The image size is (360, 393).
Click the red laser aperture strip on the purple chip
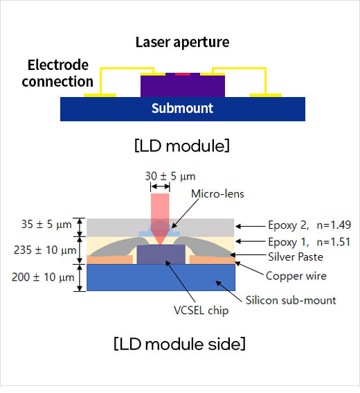tap(183, 74)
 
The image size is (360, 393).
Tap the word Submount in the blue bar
tap(182, 109)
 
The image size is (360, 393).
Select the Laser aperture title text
tap(182, 42)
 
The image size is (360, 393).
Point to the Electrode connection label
tap(57, 73)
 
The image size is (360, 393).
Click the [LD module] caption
tap(182, 146)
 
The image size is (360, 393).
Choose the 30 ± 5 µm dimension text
tap(170, 176)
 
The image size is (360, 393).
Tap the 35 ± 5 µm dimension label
tap(46, 225)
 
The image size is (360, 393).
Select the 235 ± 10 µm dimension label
tap(45, 250)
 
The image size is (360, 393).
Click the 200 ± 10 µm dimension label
tap(43, 277)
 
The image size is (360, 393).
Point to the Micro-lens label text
tap(217, 194)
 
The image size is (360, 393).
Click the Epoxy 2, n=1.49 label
tap(309, 225)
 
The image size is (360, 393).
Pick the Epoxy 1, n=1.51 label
tap(309, 242)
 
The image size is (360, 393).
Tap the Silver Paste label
tap(296, 257)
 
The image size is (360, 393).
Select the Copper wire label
tap(296, 276)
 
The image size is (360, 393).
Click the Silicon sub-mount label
tap(291, 300)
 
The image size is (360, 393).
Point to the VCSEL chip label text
tap(201, 311)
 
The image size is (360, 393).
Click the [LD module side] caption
tap(179, 344)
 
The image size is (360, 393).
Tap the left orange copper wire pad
tap(109, 260)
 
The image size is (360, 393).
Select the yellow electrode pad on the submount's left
tap(100, 95)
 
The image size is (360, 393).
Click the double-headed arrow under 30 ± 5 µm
tap(160, 186)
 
